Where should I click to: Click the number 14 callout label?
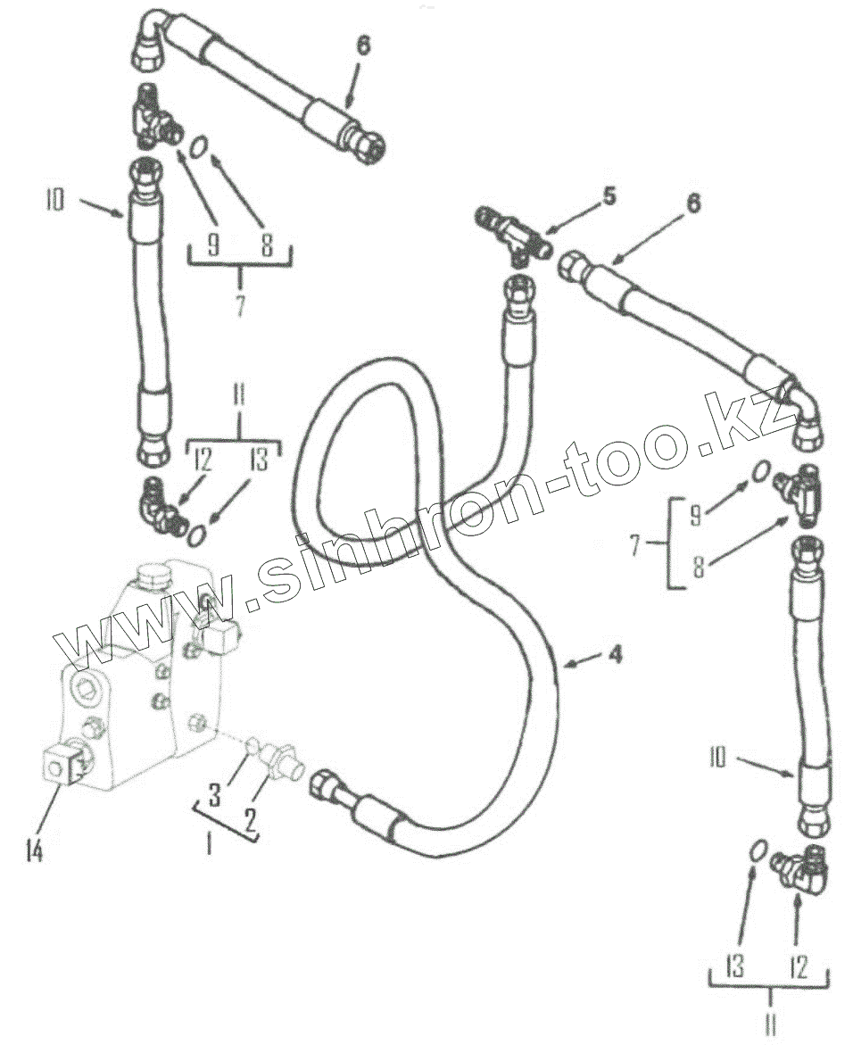pos(34,851)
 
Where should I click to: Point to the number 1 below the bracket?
pos(209,843)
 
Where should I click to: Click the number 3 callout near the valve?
pos(215,795)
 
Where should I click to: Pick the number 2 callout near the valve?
pos(251,816)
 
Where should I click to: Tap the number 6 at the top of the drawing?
pos(363,46)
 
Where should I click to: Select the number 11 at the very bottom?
pos(770,1025)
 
